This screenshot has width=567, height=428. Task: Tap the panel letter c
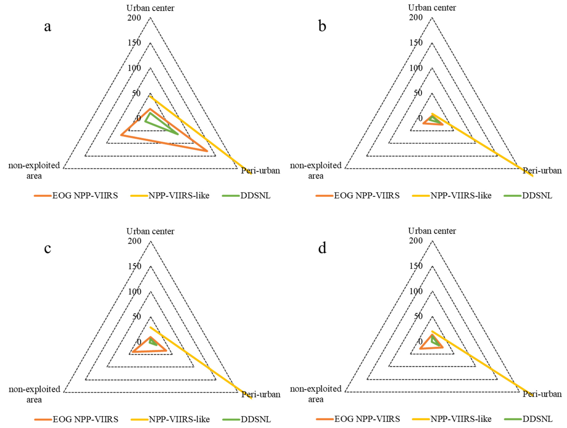coord(48,248)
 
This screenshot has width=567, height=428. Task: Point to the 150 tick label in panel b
coord(416,43)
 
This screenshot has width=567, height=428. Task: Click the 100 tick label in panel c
coord(135,292)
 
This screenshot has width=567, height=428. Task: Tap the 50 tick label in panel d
coord(418,316)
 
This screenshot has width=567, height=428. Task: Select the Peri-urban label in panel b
coord(542,171)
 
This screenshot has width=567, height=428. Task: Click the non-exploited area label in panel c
coord(34,394)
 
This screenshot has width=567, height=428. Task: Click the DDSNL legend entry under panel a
coord(255,196)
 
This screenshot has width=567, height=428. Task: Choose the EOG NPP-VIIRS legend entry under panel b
coord(367,196)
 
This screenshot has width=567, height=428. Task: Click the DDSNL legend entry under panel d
coord(537,419)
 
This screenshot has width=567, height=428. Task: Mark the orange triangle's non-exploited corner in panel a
coord(121,135)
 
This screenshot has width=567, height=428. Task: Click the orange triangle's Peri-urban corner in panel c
coord(166,350)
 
